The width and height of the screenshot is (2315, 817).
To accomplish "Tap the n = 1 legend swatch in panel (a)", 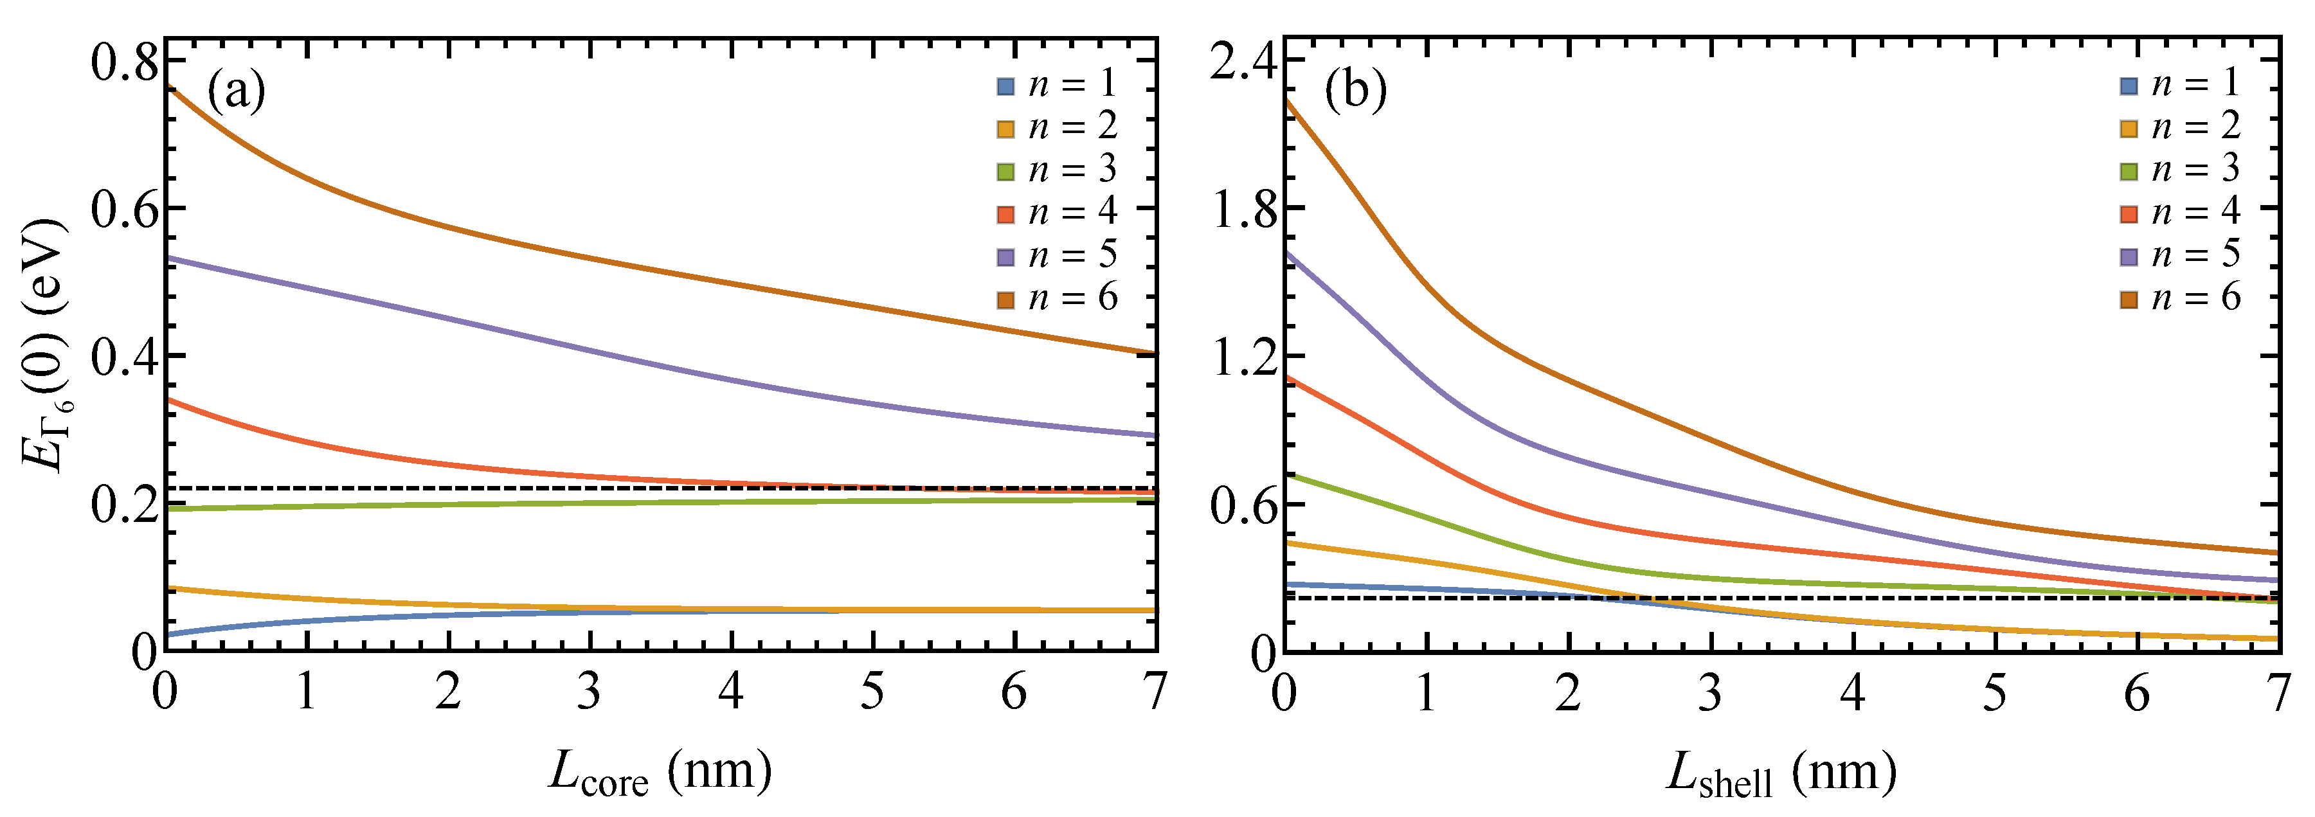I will [1005, 86].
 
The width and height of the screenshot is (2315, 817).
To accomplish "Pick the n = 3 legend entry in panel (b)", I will [2181, 170].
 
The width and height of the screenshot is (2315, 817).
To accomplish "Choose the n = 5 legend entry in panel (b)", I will [2181, 255].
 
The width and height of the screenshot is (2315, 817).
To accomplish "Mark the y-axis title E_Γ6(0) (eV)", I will [43, 346].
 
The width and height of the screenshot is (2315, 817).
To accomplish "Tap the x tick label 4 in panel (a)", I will [730, 692].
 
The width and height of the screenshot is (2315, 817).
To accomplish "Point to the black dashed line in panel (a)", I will [629, 488].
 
